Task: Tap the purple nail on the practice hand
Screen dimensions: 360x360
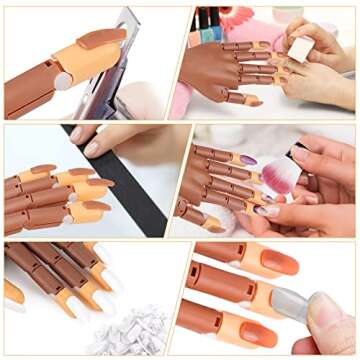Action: [x=247, y=160]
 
